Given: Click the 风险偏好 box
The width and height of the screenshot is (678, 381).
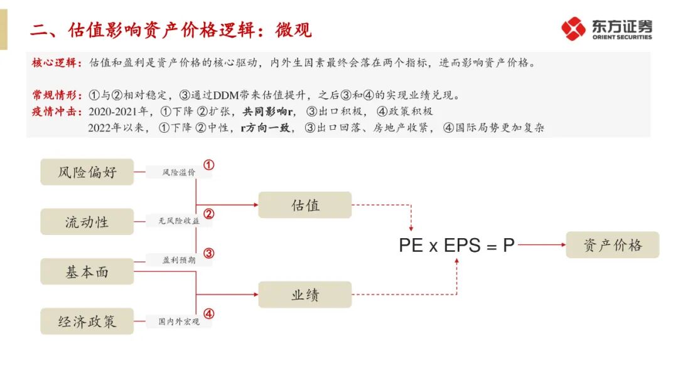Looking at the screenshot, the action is (x=87, y=172).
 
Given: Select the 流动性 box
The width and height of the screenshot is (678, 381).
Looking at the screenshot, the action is (x=87, y=222).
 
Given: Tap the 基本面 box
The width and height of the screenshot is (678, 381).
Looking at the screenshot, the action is (x=87, y=271).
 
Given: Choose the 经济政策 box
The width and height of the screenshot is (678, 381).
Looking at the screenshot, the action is (x=87, y=321).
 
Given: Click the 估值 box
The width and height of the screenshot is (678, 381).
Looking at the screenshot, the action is (x=305, y=205).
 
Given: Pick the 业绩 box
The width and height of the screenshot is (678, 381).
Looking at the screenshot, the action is (x=305, y=295).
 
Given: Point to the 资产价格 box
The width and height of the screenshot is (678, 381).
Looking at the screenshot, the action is (x=613, y=245).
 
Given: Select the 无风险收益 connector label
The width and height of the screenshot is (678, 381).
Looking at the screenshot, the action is (x=179, y=221).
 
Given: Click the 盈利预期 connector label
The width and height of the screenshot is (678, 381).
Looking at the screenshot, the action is (x=179, y=259).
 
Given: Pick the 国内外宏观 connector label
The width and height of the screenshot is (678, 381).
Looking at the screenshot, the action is (x=179, y=321).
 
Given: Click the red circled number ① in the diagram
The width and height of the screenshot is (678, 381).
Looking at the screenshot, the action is (x=209, y=165).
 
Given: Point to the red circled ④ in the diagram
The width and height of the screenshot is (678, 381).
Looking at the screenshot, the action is (x=209, y=313).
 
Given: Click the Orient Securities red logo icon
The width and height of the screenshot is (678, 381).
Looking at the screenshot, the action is (x=573, y=29).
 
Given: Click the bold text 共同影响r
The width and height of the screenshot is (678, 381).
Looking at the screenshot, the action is (x=269, y=112).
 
